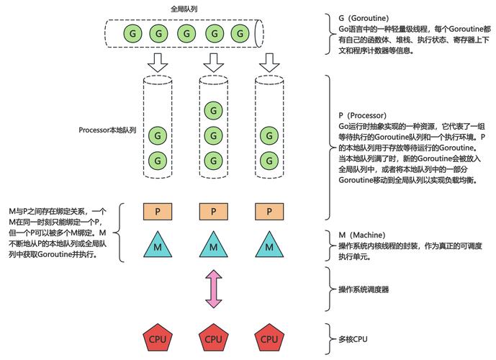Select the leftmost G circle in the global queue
pos(131,32)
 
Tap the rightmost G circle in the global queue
pos(238,32)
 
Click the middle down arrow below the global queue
pos(212,64)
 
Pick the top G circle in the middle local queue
pos(212,110)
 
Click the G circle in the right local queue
pos(269,135)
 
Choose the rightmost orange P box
pos(269,212)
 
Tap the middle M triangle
pos(212,246)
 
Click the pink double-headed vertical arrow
pos(212,289)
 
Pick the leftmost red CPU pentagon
pos(156,338)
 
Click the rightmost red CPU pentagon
pos(269,338)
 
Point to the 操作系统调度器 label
pos(364,289)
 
